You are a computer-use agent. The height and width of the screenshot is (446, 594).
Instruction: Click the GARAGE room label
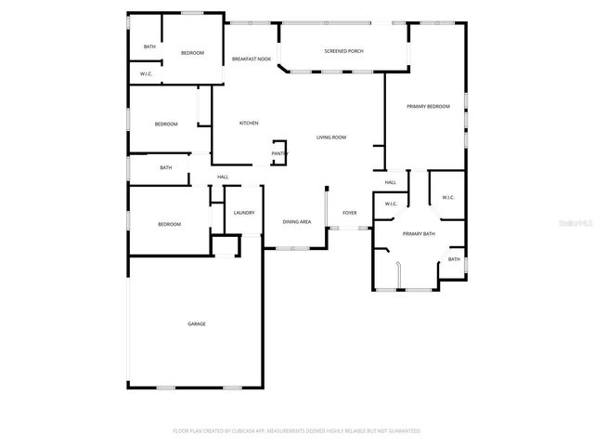[197, 323]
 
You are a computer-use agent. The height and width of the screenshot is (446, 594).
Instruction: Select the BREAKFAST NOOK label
[252, 59]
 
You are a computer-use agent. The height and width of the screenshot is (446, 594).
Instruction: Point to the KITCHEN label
[249, 123]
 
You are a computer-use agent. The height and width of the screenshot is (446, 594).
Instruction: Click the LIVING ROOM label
[331, 138]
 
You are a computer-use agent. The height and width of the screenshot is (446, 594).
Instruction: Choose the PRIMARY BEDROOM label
[428, 107]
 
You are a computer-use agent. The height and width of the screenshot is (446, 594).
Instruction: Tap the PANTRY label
[279, 153]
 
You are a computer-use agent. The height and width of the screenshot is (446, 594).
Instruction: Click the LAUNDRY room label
[244, 213]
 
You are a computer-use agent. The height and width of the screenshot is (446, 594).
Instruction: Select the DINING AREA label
[296, 222]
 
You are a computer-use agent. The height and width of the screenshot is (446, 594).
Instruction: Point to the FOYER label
[349, 213]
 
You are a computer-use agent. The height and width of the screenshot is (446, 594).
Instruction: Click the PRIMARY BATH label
[419, 234]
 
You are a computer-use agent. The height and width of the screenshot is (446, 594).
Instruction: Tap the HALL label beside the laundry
[223, 177]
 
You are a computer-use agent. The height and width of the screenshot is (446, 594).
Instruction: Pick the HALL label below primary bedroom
[391, 182]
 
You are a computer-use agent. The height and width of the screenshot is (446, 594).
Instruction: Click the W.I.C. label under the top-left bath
[146, 74]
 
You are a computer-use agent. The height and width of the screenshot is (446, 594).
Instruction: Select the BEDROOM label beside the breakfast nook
[192, 53]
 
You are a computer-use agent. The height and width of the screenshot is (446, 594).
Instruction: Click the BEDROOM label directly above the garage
[169, 224]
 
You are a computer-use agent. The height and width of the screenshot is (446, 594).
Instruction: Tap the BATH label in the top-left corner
[149, 46]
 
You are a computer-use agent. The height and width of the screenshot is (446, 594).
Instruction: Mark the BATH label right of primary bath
[454, 259]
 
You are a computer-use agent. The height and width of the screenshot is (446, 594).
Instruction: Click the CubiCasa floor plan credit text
[297, 431]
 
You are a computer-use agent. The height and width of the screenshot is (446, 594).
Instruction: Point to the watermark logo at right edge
[577, 223]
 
